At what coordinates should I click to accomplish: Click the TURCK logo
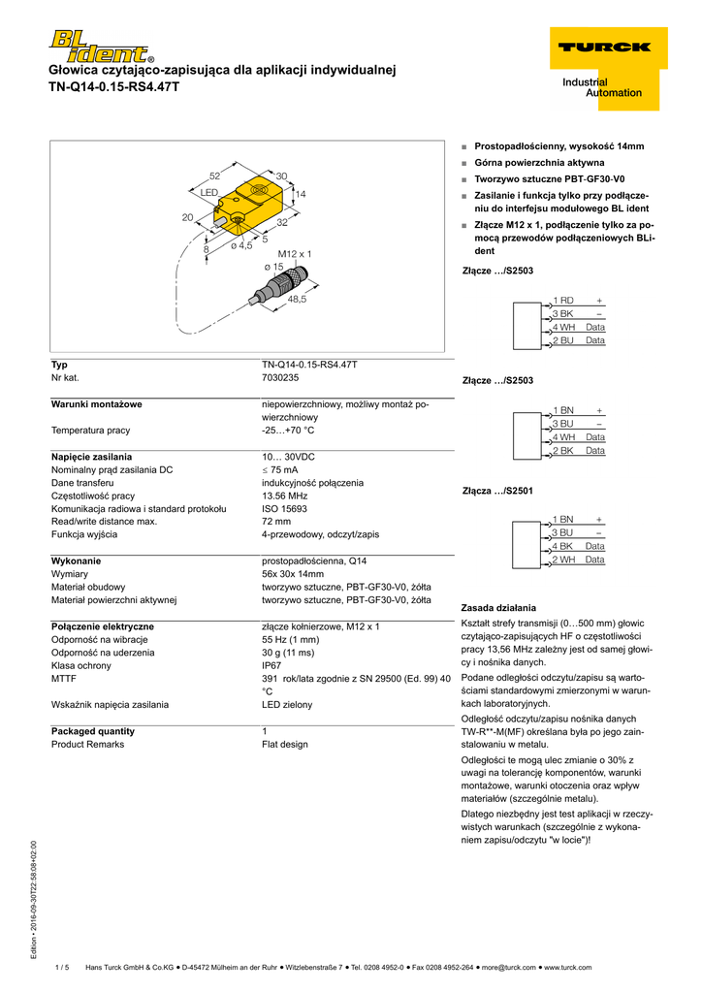604,46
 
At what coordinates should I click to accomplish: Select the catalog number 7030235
280,377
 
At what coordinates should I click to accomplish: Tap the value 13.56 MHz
284,496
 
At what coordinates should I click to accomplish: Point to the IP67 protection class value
271,666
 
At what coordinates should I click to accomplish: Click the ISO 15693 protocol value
284,508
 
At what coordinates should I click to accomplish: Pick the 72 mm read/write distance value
276,521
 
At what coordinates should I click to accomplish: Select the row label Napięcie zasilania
91,456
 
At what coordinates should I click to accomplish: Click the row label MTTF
65,679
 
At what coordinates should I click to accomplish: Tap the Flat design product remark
284,744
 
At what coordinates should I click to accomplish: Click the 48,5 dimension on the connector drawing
297,300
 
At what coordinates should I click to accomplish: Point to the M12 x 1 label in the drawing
295,253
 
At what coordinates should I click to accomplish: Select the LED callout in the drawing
208,194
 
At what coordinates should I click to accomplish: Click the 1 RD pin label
563,301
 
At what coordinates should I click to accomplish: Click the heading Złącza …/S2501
497,491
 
